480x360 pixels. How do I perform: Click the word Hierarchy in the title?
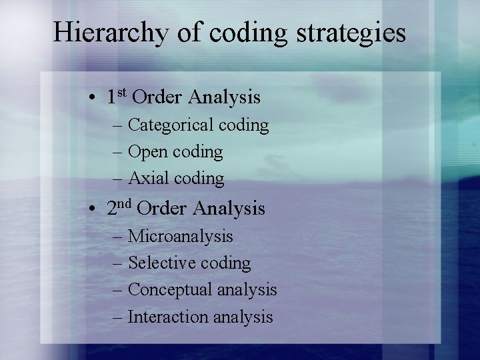pyautogui.click(x=110, y=32)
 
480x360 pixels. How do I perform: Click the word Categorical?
pyautogui.click(x=169, y=125)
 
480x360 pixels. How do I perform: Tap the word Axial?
pyautogui.click(x=147, y=179)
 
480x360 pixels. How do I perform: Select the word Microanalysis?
pyautogui.click(x=180, y=236)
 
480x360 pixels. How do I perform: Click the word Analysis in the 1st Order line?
pyautogui.click(x=224, y=98)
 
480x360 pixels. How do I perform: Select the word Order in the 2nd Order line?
pyautogui.click(x=163, y=209)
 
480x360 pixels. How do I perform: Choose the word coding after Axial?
pyautogui.click(x=199, y=179)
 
